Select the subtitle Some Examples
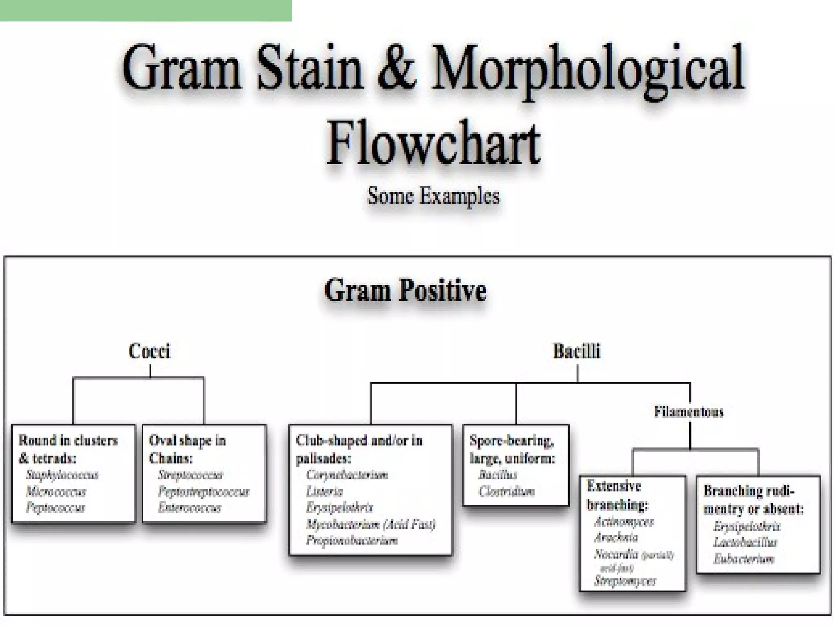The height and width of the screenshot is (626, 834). point(433,196)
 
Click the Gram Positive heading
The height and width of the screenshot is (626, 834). point(405,290)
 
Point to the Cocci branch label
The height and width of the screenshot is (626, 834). point(149,351)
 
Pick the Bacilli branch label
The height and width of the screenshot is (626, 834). point(577,351)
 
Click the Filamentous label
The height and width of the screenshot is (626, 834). point(689,412)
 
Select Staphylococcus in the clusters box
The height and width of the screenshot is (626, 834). point(62,475)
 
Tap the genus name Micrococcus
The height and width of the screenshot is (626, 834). point(56,492)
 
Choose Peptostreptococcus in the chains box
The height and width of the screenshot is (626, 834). point(203,492)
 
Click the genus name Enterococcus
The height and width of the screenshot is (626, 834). point(190,508)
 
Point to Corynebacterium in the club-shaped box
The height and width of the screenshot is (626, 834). point(347,475)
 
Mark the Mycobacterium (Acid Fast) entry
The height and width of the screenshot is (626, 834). point(371,524)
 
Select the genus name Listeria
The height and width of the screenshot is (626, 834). point(325,492)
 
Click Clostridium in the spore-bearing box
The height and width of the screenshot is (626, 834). point(507,492)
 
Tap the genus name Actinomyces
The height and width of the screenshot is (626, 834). point(624,522)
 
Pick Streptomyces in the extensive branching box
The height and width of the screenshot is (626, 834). point(625,581)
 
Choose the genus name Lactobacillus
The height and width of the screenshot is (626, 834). point(745,542)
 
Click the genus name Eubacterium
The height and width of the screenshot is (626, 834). point(744,559)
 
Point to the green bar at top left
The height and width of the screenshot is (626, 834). point(146,10)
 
